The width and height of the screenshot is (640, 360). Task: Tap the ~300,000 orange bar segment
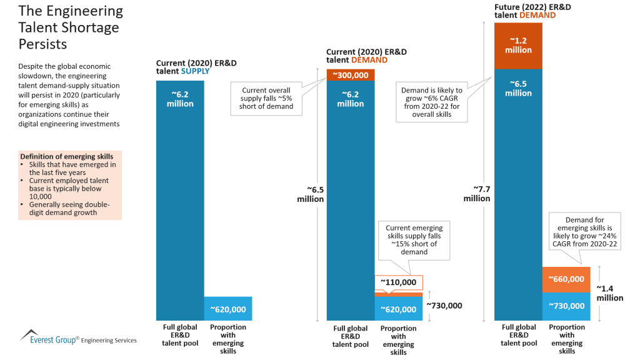coord(351,75)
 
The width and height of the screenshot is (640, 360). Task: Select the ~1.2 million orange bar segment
coord(518,45)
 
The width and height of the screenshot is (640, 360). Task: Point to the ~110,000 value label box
coord(399,282)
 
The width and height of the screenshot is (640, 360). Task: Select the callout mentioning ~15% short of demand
coord(414,240)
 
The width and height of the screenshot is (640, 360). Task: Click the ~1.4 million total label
coord(609,293)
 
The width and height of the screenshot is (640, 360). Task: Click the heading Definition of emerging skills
coord(67,156)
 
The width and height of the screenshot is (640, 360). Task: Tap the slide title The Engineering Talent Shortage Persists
coord(71,28)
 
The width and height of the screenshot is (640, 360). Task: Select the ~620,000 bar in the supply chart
coord(227,309)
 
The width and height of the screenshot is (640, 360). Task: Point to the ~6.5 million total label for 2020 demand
coord(310,194)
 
